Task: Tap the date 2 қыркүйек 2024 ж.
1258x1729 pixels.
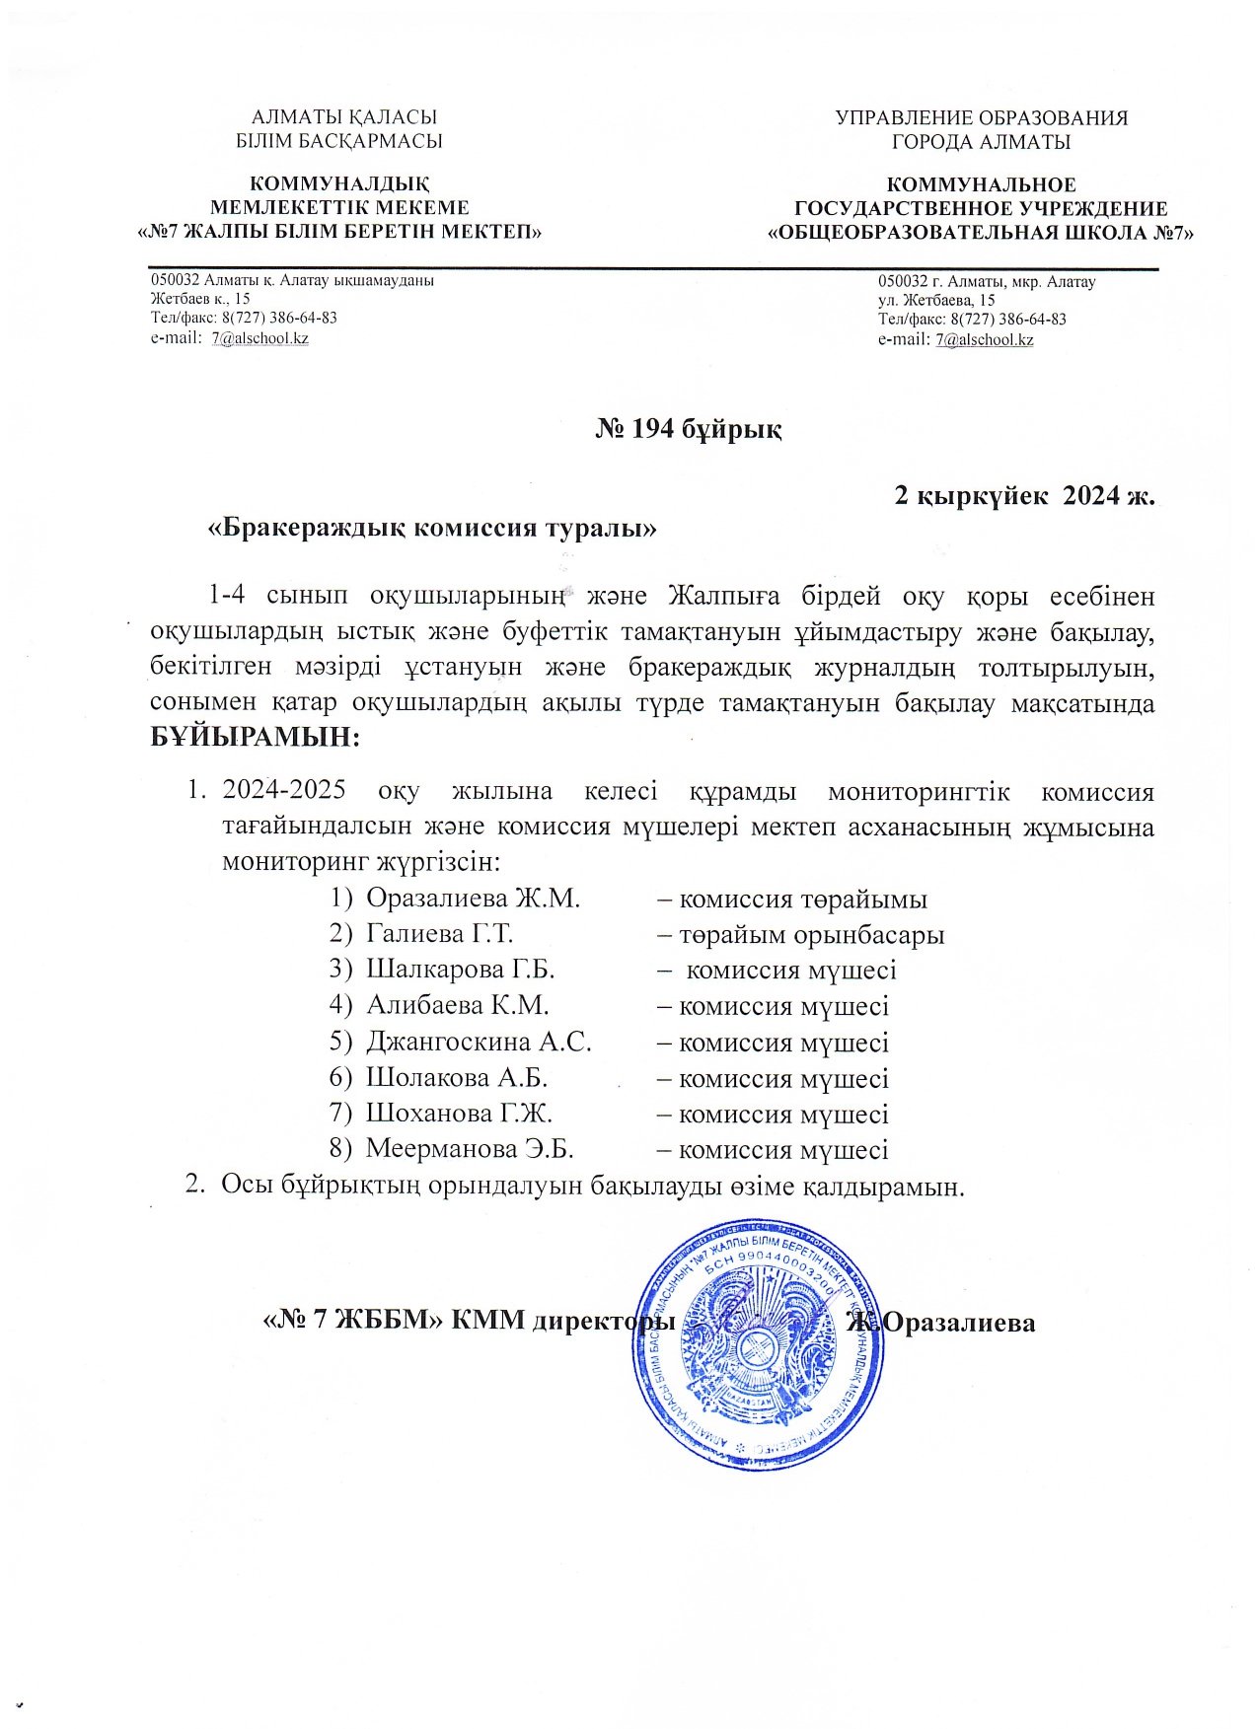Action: tap(1023, 495)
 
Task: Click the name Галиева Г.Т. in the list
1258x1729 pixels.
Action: tap(439, 933)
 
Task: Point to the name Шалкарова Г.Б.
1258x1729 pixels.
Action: tap(460, 969)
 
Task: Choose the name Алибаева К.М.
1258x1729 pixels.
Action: tap(457, 1005)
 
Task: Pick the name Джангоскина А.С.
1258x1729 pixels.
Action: tap(479, 1042)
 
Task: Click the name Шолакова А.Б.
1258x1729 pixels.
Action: tap(456, 1077)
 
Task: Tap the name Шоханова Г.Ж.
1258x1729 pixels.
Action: tap(459, 1114)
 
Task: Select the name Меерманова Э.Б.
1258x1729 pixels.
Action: tap(470, 1149)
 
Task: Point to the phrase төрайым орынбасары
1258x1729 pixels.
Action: tap(811, 935)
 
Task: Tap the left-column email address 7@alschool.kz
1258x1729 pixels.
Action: tap(259, 338)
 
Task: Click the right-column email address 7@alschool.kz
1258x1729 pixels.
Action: tap(984, 340)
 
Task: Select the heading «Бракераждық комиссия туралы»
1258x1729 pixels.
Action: tap(432, 528)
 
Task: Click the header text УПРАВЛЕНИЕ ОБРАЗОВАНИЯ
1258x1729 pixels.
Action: tap(981, 118)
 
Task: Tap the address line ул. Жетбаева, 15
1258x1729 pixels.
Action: tap(936, 300)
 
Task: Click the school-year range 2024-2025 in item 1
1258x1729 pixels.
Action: tap(284, 790)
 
